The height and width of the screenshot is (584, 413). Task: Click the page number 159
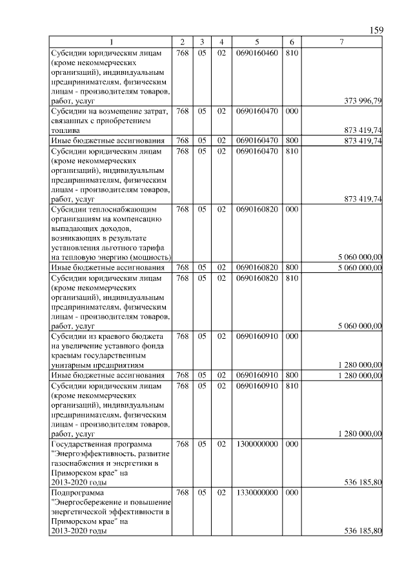[377, 30]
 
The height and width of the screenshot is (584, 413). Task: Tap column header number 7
[341, 42]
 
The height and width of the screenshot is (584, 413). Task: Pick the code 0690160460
[256, 52]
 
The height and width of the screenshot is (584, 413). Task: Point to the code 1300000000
[256, 445]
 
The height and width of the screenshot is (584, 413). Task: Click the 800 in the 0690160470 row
[291, 140]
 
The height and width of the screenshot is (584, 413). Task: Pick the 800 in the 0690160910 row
[291, 375]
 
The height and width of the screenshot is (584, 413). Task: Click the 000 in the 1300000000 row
[291, 445]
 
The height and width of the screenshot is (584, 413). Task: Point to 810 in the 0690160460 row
[291, 52]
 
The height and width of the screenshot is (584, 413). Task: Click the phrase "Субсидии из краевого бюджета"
[107, 336]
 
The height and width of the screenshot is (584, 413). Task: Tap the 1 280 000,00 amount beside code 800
[359, 375]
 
